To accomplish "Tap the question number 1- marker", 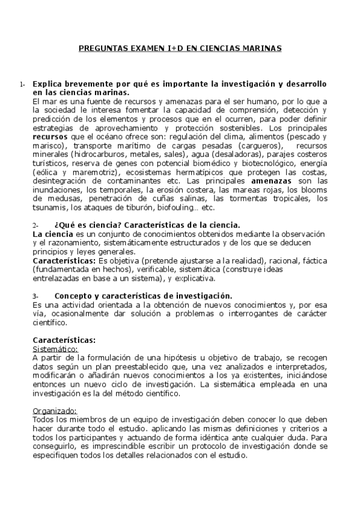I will click(x=22, y=85).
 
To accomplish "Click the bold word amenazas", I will click(x=274, y=181).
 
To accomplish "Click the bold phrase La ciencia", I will click(x=52, y=234).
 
